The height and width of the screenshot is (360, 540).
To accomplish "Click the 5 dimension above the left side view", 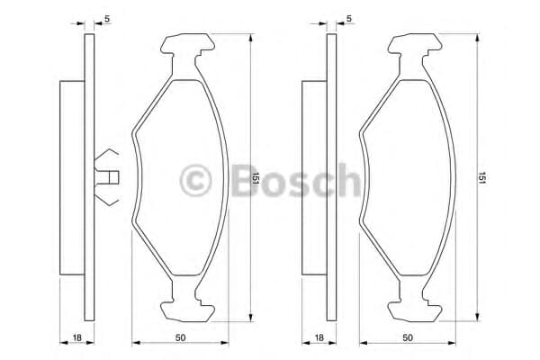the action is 107,19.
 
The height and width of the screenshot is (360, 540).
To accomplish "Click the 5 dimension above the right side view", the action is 349,19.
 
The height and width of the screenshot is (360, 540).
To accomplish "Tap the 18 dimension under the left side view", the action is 77,337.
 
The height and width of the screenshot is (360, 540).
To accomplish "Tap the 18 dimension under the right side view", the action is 319,337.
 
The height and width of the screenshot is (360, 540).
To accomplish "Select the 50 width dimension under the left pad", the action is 180,337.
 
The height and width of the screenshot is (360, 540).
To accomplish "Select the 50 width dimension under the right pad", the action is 408,337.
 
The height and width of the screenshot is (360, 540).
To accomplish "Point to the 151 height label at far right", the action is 482,178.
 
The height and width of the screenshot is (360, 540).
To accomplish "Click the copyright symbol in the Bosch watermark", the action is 195,180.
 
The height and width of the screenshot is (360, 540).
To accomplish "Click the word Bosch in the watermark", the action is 295,179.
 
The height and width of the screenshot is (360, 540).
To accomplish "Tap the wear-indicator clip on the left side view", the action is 106,177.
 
